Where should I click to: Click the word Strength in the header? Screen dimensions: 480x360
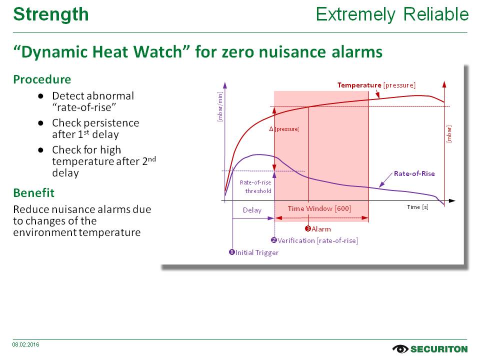tap(51, 14)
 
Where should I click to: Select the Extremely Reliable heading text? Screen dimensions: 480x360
tap(392, 14)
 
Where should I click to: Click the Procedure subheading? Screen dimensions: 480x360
tap(42, 79)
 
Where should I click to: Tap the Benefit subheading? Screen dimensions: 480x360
tap(34, 193)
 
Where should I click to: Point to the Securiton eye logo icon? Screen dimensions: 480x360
tap(400, 348)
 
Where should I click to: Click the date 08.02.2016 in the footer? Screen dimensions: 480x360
tap(25, 344)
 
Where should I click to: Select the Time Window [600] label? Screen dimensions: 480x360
tap(319, 208)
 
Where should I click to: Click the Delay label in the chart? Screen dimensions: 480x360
tap(252, 210)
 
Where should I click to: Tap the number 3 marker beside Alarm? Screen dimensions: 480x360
tap(308, 228)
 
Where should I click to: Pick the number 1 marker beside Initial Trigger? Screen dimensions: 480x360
tap(231, 252)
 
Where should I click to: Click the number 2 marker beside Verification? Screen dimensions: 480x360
tap(274, 240)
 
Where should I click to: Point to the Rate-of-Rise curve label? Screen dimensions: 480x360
tap(414, 173)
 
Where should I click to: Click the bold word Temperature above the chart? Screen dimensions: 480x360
tap(359, 85)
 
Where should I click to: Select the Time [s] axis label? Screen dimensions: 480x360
tap(417, 207)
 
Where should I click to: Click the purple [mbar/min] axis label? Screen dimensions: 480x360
tap(220, 107)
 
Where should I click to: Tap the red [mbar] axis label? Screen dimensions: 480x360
tap(449, 134)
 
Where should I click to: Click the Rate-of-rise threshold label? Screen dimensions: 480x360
tap(255, 186)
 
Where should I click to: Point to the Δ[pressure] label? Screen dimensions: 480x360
tap(284, 129)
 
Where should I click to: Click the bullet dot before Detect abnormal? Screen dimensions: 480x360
tap(40, 96)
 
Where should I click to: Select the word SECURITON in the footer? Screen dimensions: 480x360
tap(439, 349)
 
